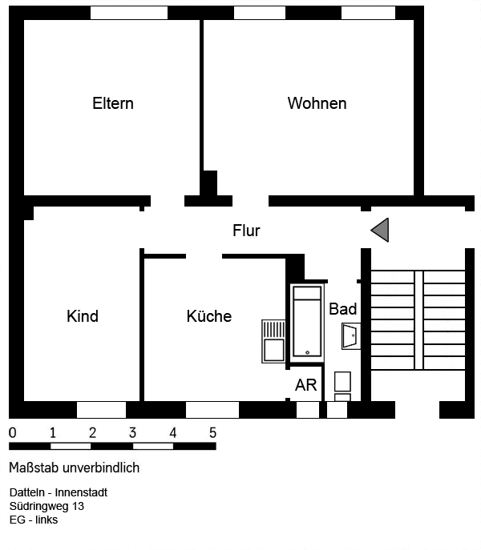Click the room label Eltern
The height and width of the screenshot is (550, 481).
click(113, 103)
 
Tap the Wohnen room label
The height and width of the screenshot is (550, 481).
click(317, 103)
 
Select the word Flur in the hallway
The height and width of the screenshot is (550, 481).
click(246, 231)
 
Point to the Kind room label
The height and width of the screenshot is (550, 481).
click(83, 316)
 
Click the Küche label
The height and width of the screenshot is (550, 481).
click(208, 316)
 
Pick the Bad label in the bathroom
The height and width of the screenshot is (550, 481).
click(343, 309)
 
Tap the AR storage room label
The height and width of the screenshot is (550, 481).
click(306, 385)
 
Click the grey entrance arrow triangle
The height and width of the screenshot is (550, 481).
click(380, 230)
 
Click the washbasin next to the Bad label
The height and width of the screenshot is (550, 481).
click(350, 336)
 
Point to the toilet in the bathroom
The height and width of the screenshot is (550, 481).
click(342, 385)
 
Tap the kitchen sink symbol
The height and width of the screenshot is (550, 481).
click(273, 341)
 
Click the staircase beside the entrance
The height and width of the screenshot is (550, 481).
click(417, 319)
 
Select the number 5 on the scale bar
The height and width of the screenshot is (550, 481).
click(212, 433)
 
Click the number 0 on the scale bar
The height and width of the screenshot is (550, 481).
click(12, 433)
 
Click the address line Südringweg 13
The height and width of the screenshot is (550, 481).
click(46, 506)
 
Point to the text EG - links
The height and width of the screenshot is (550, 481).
click(34, 520)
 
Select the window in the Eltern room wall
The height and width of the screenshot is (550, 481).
click(128, 13)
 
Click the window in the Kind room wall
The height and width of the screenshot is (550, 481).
click(101, 410)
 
